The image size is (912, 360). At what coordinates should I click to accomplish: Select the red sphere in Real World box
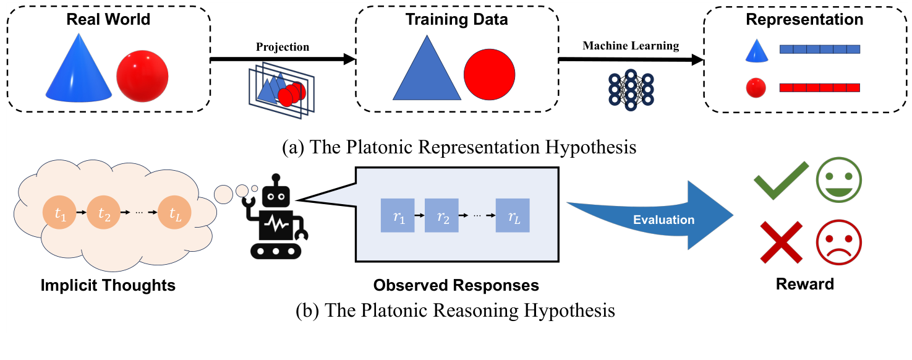click(142, 77)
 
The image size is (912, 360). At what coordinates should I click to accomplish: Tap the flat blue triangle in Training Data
click(427, 70)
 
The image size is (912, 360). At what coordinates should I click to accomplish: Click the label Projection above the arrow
click(283, 46)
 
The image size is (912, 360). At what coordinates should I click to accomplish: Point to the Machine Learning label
click(630, 46)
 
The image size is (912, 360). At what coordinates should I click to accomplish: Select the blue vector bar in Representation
click(820, 50)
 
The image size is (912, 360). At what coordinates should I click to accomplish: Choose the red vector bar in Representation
click(820, 88)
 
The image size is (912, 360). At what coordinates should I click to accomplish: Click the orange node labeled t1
click(59, 215)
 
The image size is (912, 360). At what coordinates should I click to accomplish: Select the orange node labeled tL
click(174, 215)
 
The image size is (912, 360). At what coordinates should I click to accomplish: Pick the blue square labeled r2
click(441, 215)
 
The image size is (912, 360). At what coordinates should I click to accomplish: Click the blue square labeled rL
click(513, 215)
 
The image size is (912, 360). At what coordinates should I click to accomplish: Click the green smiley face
click(839, 180)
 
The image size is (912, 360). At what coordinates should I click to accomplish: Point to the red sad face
click(839, 242)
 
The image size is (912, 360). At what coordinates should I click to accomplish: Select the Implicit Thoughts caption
click(108, 285)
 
